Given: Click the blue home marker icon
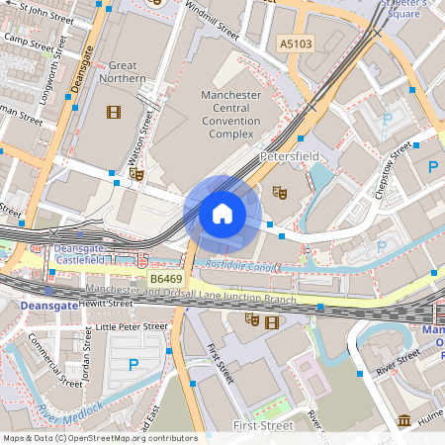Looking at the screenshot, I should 222,213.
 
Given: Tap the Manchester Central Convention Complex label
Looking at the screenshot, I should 230,114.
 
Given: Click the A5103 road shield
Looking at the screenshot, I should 295,44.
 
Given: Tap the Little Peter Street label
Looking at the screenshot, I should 132,326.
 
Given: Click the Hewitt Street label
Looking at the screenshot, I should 106,303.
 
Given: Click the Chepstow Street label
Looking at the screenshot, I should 393,169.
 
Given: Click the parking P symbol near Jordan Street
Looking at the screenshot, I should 133,365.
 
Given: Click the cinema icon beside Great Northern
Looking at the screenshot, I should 113,113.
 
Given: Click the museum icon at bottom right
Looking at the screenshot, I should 403,421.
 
